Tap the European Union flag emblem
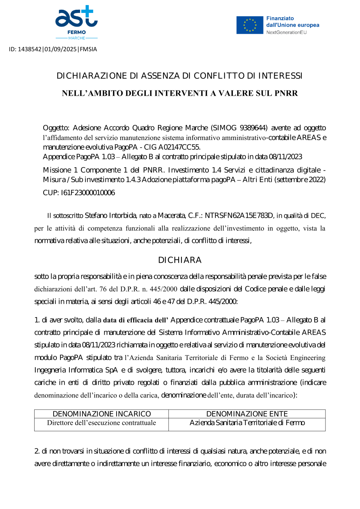coord(249,25)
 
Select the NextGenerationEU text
coord(286,32)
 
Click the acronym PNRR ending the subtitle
coord(286,94)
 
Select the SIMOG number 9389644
coord(253,128)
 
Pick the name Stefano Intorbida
coord(110,216)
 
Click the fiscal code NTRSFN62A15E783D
coord(239,216)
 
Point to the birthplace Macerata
coord(171,216)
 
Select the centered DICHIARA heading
coord(180,260)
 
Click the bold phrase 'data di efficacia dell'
coord(136,320)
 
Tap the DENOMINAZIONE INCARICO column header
coord(102,414)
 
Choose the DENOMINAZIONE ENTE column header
coord(247,414)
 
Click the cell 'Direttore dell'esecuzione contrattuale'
coord(102,423)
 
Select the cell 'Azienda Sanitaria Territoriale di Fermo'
coord(247,423)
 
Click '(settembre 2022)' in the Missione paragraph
coord(300,180)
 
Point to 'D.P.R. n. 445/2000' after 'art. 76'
coord(149,289)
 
